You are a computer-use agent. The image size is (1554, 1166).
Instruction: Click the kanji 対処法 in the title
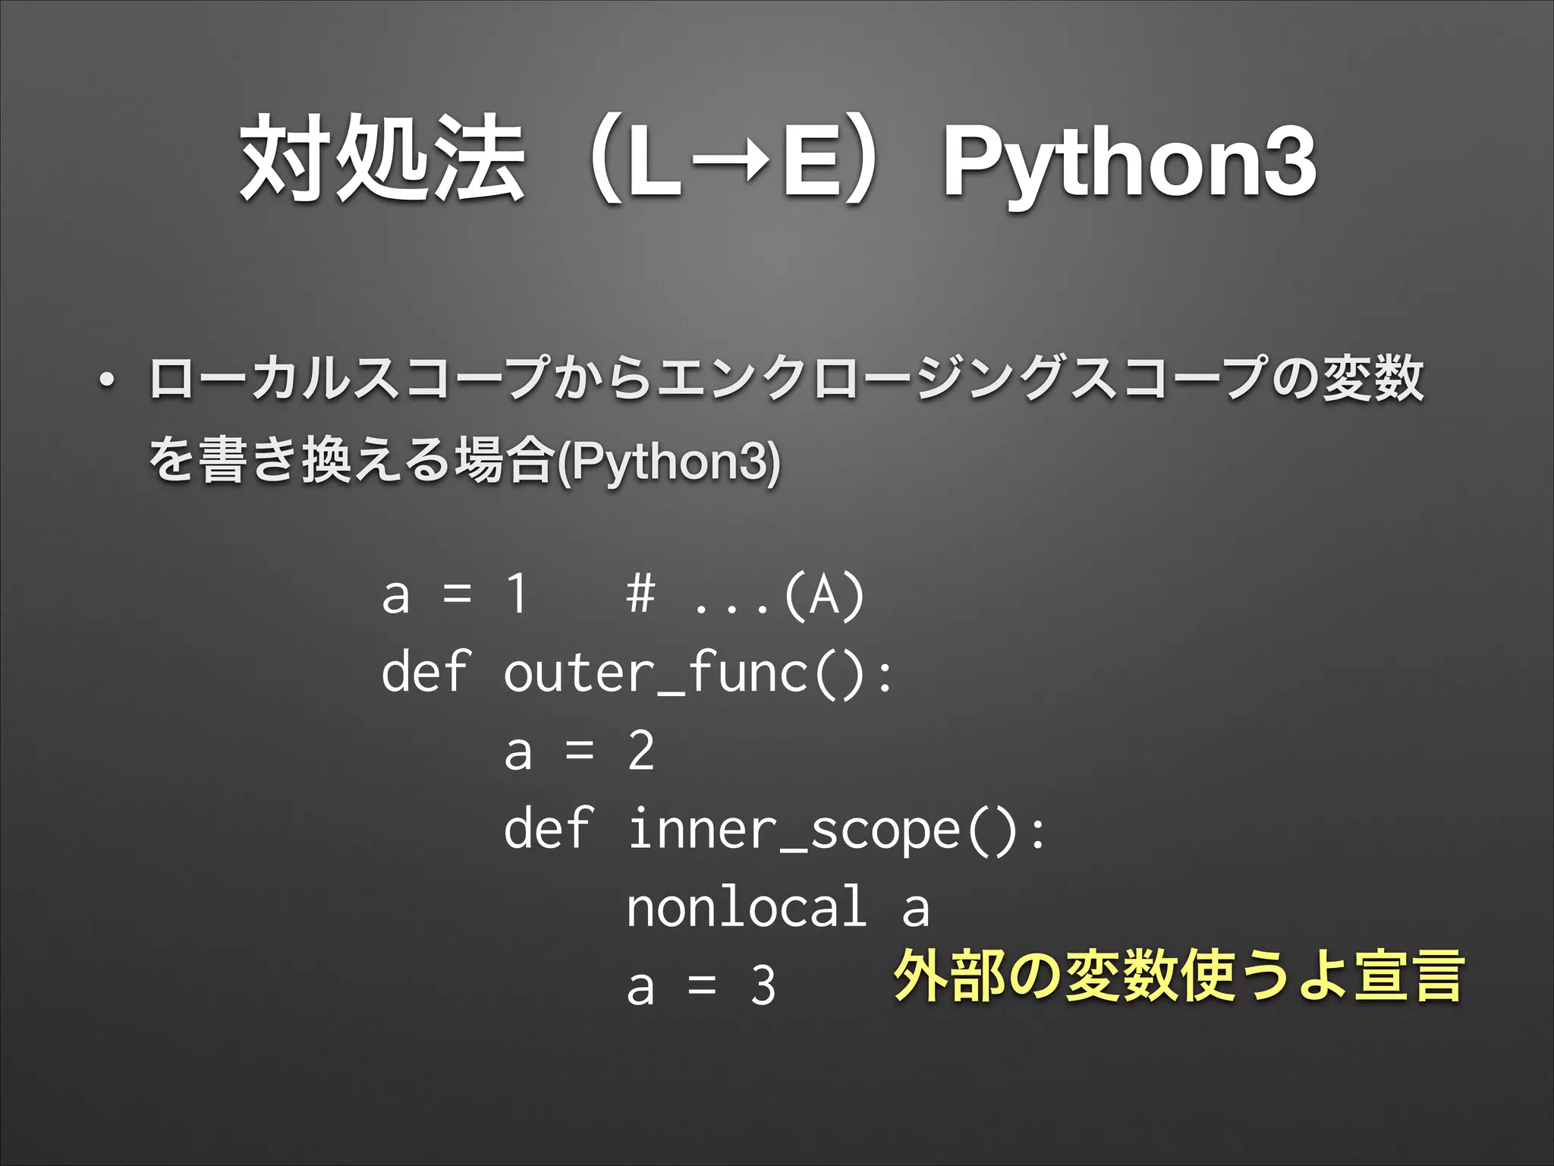click(382, 159)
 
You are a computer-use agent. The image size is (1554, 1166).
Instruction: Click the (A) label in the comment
click(824, 595)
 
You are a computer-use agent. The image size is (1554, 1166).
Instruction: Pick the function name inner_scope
click(794, 830)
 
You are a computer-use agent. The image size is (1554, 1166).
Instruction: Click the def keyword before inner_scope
click(548, 829)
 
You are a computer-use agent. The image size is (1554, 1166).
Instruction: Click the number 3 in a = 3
click(763, 986)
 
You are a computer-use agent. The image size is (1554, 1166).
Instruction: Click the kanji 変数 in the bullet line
click(1373, 378)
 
